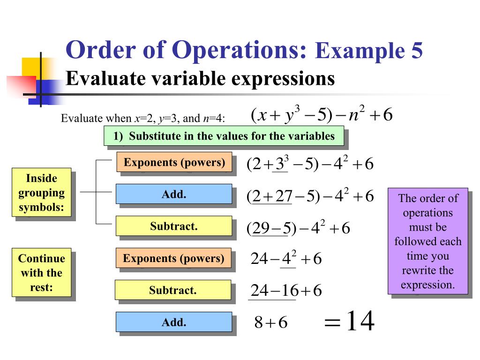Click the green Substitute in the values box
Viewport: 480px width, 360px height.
224,136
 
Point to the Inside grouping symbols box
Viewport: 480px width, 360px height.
41,192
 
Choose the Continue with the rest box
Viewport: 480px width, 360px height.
41,272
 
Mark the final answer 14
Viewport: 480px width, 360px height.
360,322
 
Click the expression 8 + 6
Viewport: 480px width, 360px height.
270,323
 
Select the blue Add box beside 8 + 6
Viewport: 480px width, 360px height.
174,322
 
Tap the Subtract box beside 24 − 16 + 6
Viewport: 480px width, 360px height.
172,290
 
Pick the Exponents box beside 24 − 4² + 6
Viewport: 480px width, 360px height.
173,258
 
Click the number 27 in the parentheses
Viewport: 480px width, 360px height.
284,197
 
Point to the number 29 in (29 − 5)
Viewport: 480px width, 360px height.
260,229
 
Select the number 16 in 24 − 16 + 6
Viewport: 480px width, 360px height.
290,291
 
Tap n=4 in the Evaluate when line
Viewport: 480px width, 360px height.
213,119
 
